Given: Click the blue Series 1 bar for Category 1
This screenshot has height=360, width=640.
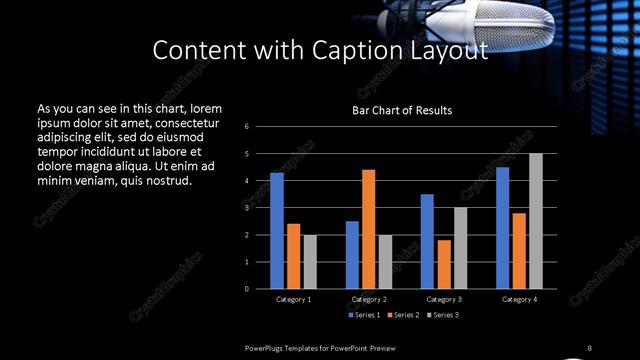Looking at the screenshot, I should [277, 231].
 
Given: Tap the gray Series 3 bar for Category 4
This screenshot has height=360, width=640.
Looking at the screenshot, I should [536, 221].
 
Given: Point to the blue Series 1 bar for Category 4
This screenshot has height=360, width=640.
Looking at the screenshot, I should [502, 228].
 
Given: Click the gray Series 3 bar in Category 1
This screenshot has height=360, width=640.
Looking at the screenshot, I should [310, 262].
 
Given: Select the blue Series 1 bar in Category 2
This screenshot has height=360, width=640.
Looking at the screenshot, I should [352, 255].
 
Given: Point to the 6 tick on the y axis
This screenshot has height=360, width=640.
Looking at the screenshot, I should [260, 127].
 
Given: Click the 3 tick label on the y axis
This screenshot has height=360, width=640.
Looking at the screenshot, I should [260, 208].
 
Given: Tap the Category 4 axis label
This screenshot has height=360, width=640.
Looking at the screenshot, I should [518, 299].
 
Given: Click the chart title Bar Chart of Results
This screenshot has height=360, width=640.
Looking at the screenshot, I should [402, 110].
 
